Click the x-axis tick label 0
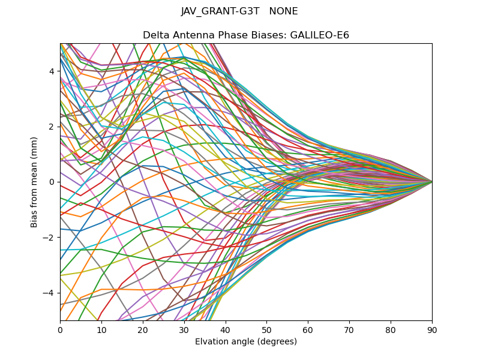[60, 329]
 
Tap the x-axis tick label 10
[101, 329]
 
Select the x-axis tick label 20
[143, 329]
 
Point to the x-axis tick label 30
[184, 329]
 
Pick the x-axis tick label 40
[226, 329]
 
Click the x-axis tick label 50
[266, 329]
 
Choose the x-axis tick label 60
[308, 329]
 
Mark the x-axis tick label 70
[349, 329]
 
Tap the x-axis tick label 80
[391, 329]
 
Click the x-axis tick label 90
[432, 329]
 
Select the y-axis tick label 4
[52, 71]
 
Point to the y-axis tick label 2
[52, 127]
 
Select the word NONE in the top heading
[284, 11]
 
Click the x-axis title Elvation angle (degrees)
[246, 341]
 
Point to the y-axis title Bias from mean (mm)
[34, 181]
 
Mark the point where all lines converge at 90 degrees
[432, 181]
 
